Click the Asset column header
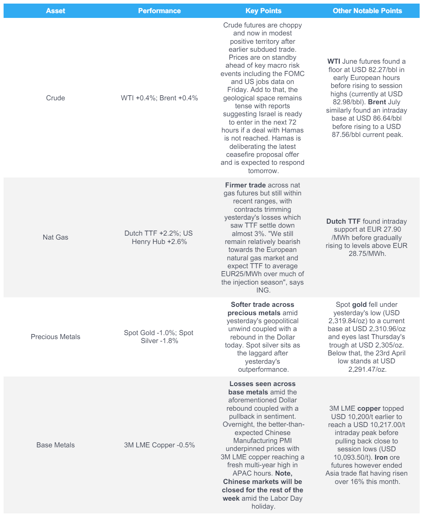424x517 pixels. pos(55,11)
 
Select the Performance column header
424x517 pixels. pos(159,11)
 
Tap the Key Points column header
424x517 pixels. pos(263,11)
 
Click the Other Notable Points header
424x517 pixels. pos(367,11)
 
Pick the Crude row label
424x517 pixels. pos(55,98)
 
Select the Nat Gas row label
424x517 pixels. pos(55,237)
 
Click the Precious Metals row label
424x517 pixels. pos(55,337)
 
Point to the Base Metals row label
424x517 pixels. pos(55,445)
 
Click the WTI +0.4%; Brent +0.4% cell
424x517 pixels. pos(159,98)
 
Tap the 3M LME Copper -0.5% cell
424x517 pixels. pos(159,445)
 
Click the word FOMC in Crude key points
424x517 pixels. pos(294,74)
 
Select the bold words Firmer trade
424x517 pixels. pos(245,185)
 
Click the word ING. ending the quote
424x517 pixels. pos(263,290)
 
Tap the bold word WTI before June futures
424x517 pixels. pos(334,61)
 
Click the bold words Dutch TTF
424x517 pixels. pos(343,221)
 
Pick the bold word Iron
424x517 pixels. pos(381,457)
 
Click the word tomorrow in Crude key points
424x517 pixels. pos(262,171)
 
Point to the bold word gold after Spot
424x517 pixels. pos(359,304)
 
